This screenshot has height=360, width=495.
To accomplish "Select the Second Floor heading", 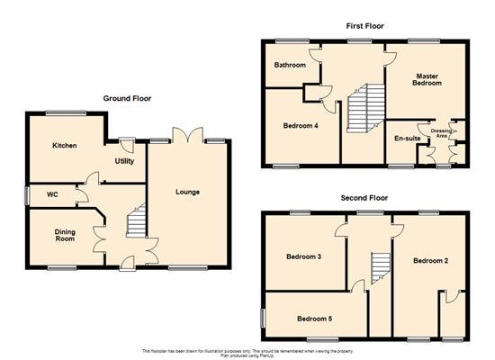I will click(365, 196).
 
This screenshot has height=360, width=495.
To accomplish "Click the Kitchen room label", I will click(64, 146).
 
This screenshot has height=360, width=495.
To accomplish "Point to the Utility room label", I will click(124, 161).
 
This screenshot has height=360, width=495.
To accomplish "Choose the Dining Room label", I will click(63, 235).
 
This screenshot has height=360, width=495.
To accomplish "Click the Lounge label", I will click(188, 192).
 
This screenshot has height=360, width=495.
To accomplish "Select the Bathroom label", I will click(291, 66).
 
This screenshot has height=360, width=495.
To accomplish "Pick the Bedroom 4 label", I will click(300, 125).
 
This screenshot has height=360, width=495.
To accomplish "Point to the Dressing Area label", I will click(441, 133).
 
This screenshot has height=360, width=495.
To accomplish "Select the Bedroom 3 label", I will click(304, 257).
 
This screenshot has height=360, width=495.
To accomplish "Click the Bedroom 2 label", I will click(430, 261).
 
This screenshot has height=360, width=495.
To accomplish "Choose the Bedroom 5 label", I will click(315, 318).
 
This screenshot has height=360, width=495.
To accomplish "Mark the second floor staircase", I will click(378, 267).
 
